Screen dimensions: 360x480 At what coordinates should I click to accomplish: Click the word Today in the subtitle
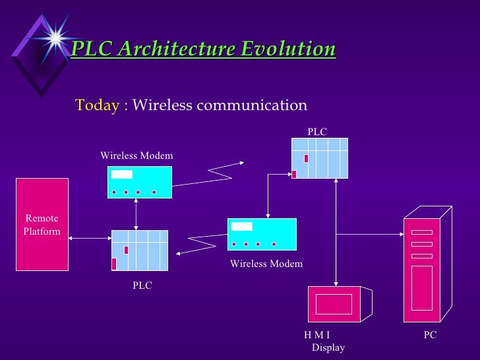[x=97, y=105]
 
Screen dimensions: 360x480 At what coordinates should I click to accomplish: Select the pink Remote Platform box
[x=42, y=225]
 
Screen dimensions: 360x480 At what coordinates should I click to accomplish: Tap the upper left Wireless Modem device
[x=140, y=182]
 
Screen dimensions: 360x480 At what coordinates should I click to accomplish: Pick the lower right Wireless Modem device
[x=262, y=234]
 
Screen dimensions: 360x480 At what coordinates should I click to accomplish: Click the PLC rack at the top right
[x=320, y=158]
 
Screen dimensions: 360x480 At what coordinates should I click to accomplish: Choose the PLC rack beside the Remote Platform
[x=140, y=250]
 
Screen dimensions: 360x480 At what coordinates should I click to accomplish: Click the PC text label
[x=430, y=336]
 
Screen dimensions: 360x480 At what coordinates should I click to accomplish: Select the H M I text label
[x=318, y=336]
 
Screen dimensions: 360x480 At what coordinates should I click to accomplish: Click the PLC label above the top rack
[x=317, y=132]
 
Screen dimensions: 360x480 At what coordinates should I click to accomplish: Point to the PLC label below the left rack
[x=142, y=285]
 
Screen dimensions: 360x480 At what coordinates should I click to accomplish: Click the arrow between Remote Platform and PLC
[x=90, y=237]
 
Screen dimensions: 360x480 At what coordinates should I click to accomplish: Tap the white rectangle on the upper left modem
[x=122, y=174]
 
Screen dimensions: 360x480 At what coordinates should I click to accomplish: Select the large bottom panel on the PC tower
[x=422, y=287]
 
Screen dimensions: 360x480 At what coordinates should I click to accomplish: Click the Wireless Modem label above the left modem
[x=136, y=156]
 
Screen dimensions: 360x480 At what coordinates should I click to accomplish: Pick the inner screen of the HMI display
[x=334, y=304]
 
